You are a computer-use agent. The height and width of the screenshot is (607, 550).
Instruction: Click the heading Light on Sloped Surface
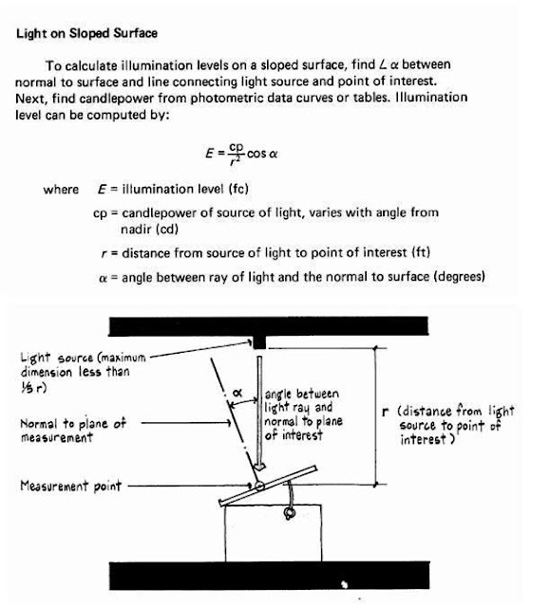click(87, 34)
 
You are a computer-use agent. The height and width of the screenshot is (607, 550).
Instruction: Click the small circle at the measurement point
click(257, 487)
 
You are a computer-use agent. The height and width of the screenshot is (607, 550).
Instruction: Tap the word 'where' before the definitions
click(61, 190)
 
